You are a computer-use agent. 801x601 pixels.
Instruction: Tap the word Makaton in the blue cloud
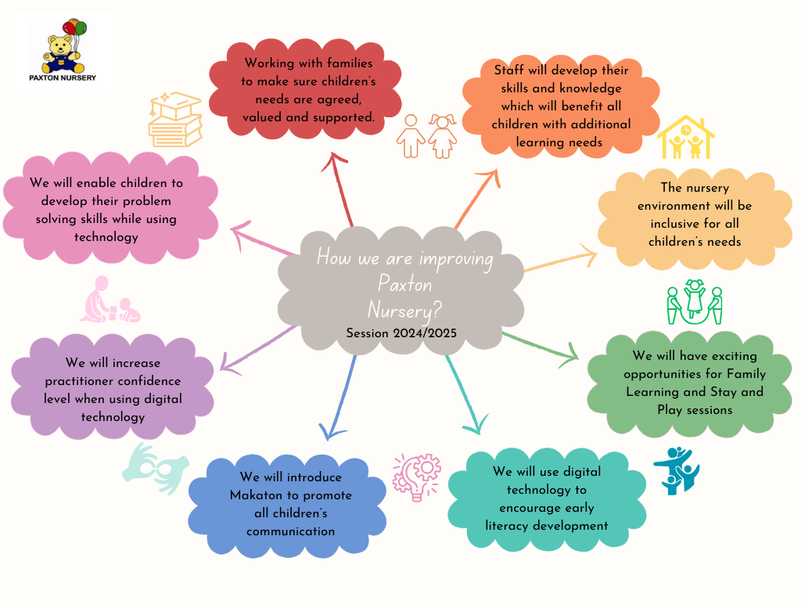point(257,495)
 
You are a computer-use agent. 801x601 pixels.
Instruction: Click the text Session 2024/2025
point(401,333)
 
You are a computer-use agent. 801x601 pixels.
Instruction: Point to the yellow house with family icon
point(685,139)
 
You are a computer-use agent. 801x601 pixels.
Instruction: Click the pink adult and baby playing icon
point(110,300)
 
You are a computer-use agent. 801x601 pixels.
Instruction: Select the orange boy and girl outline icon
point(427,136)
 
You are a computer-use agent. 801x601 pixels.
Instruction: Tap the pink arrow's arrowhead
point(239,229)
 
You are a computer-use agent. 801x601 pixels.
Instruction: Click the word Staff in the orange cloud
point(508,70)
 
